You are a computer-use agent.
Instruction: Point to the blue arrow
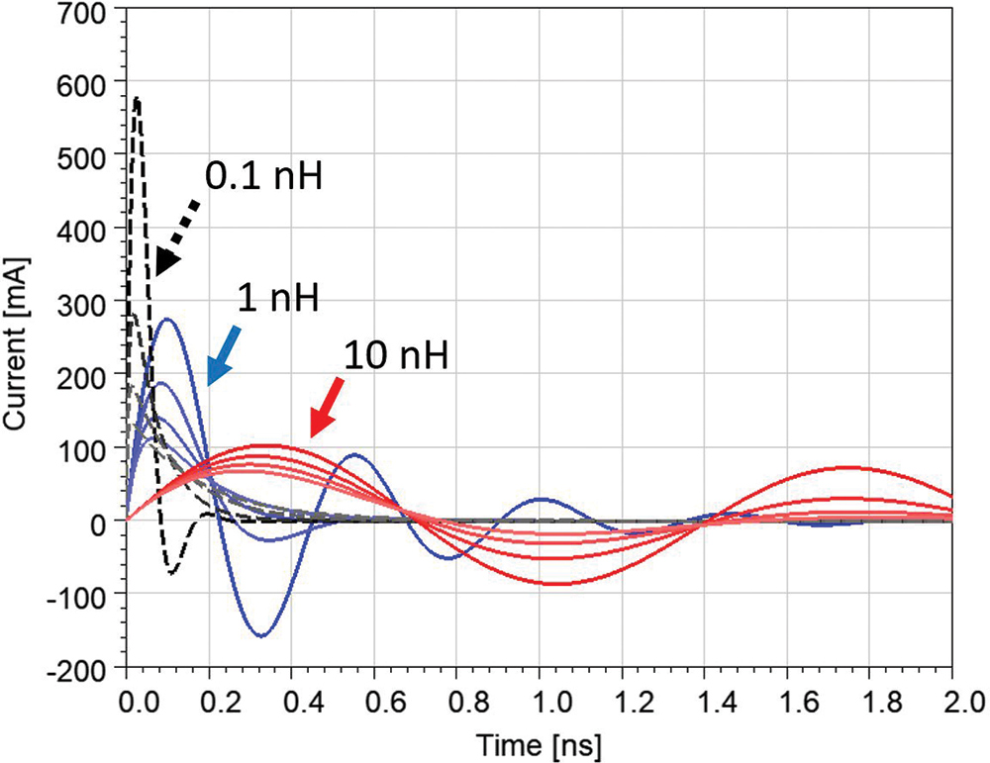[223, 353]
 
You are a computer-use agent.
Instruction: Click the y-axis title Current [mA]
[18, 342]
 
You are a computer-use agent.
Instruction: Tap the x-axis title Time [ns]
[540, 742]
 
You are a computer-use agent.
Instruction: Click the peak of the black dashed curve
[137, 98]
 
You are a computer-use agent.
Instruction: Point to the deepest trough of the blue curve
[259, 635]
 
